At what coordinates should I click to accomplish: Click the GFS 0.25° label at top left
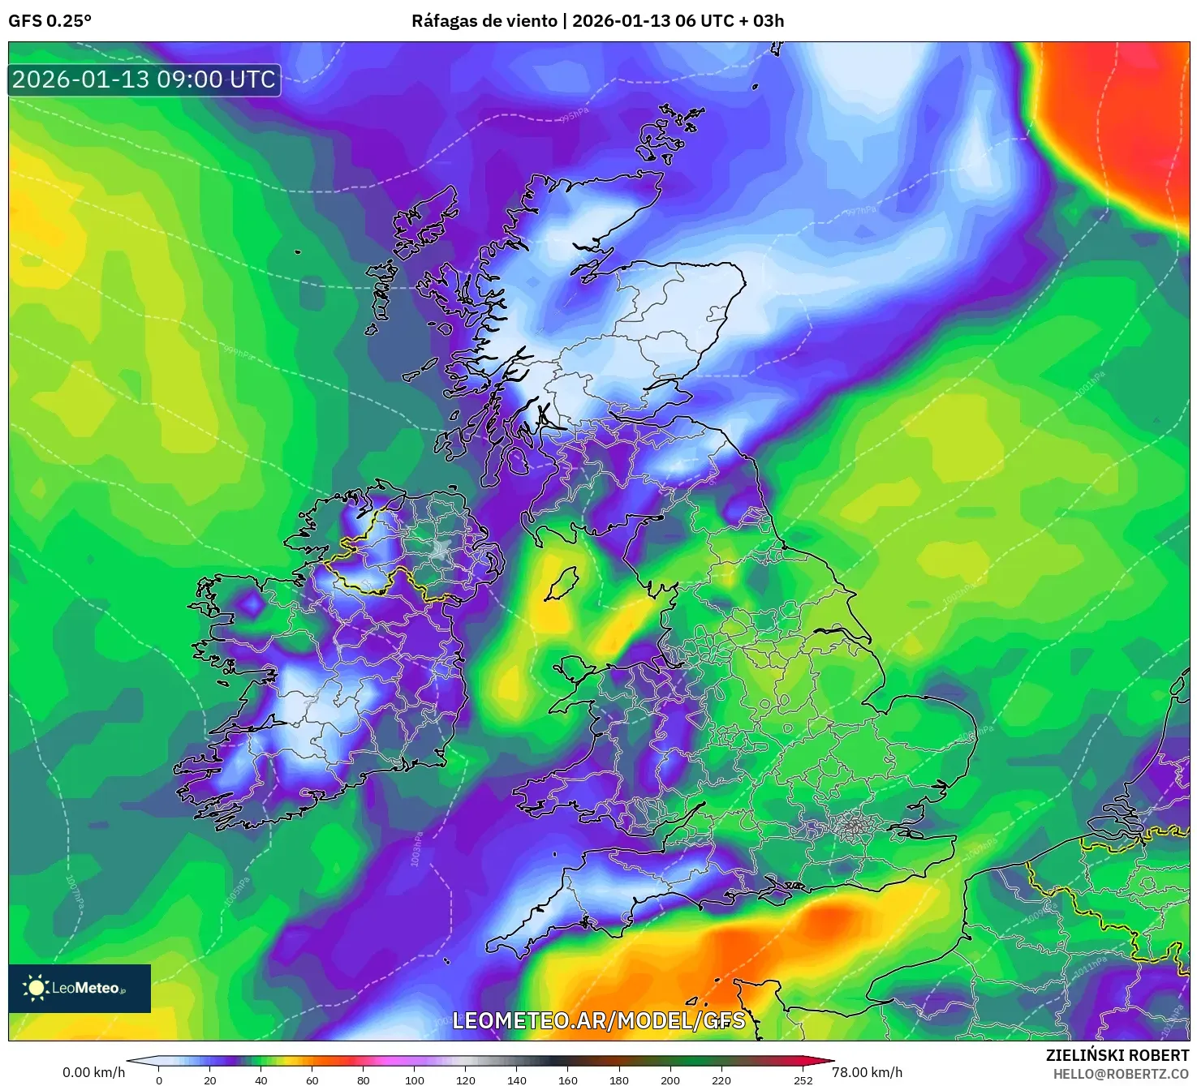coord(50,21)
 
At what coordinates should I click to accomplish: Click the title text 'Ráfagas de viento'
coord(484,21)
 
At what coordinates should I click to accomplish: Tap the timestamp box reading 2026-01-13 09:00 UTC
coord(144,79)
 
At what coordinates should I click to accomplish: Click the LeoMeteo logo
coord(80,988)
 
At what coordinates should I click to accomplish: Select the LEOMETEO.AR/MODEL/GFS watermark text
coord(598,1020)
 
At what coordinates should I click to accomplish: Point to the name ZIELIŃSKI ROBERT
coord(1117,1055)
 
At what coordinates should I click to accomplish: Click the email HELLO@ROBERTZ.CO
coord(1121,1074)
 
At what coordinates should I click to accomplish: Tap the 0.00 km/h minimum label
coord(93,1072)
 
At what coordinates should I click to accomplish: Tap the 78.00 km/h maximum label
coord(867,1072)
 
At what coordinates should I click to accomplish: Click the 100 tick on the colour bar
coord(414,1080)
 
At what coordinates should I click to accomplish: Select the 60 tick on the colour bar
coord(312,1080)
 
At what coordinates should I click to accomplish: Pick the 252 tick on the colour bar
coord(803,1080)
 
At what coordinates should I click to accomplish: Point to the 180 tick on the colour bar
coord(618,1080)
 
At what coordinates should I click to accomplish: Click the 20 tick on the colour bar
coord(210,1080)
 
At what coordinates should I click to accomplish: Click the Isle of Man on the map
coord(562,584)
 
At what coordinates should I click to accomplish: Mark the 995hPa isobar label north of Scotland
coord(573,117)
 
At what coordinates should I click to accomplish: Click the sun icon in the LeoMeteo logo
coord(37,988)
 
